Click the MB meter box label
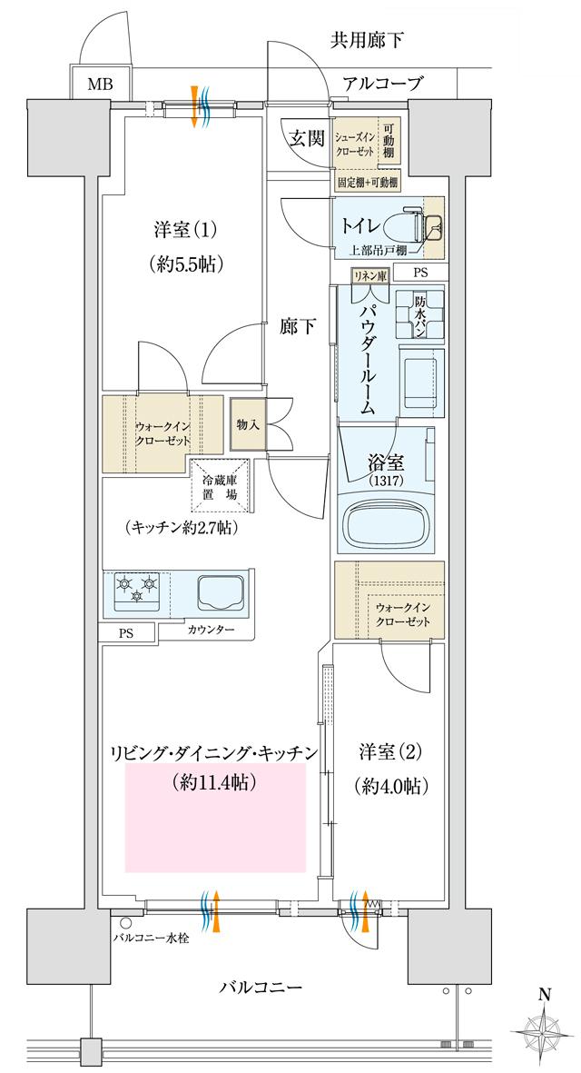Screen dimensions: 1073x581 (x=100, y=85)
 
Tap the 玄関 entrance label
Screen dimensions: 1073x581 (x=307, y=138)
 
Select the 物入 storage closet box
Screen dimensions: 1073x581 (x=247, y=424)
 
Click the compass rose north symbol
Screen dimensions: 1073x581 (x=544, y=1031)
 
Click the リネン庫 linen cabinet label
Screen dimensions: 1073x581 (x=370, y=273)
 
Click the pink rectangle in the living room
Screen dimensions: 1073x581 (x=216, y=818)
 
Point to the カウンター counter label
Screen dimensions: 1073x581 (x=212, y=630)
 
